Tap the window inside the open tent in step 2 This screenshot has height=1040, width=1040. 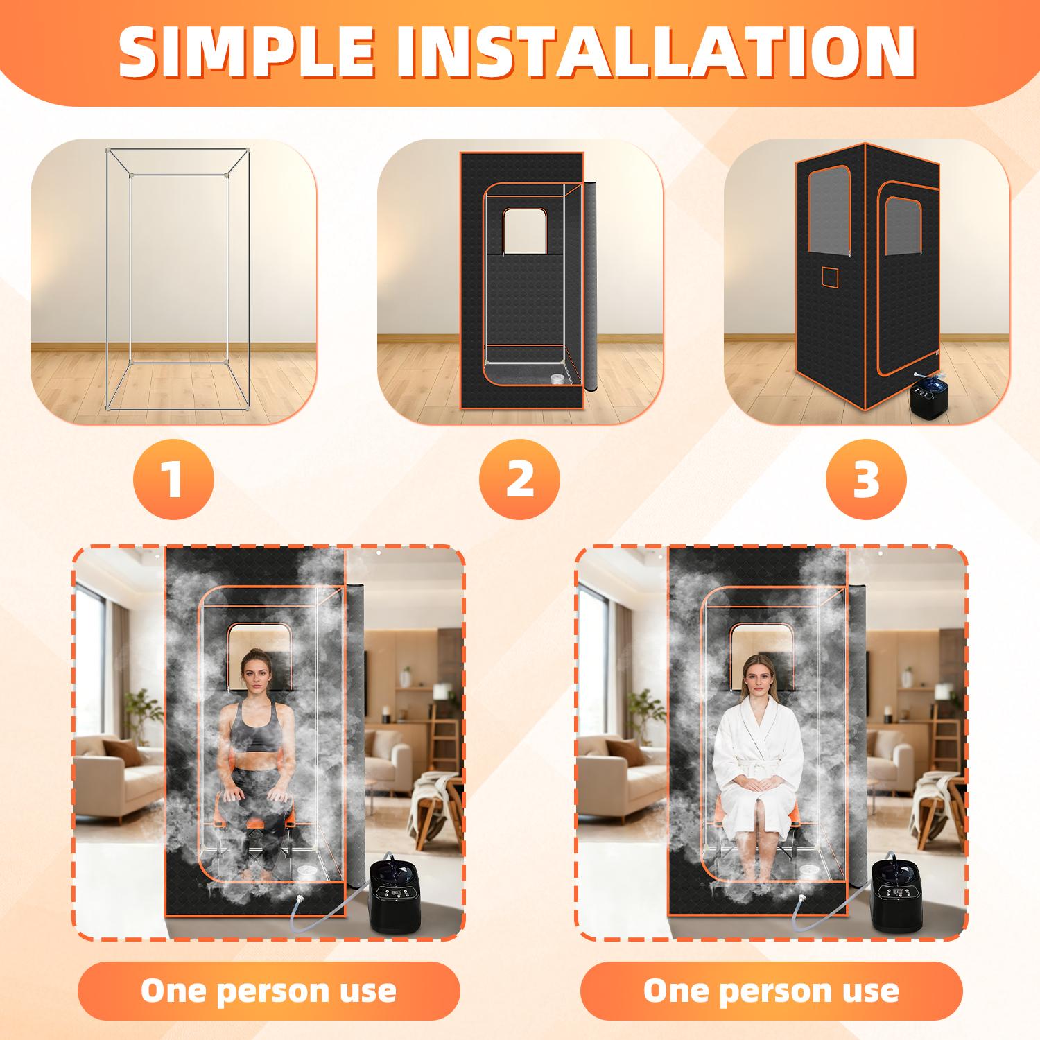click(525, 232)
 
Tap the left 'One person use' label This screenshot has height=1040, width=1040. click(268, 991)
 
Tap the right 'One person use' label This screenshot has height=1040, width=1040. click(771, 991)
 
